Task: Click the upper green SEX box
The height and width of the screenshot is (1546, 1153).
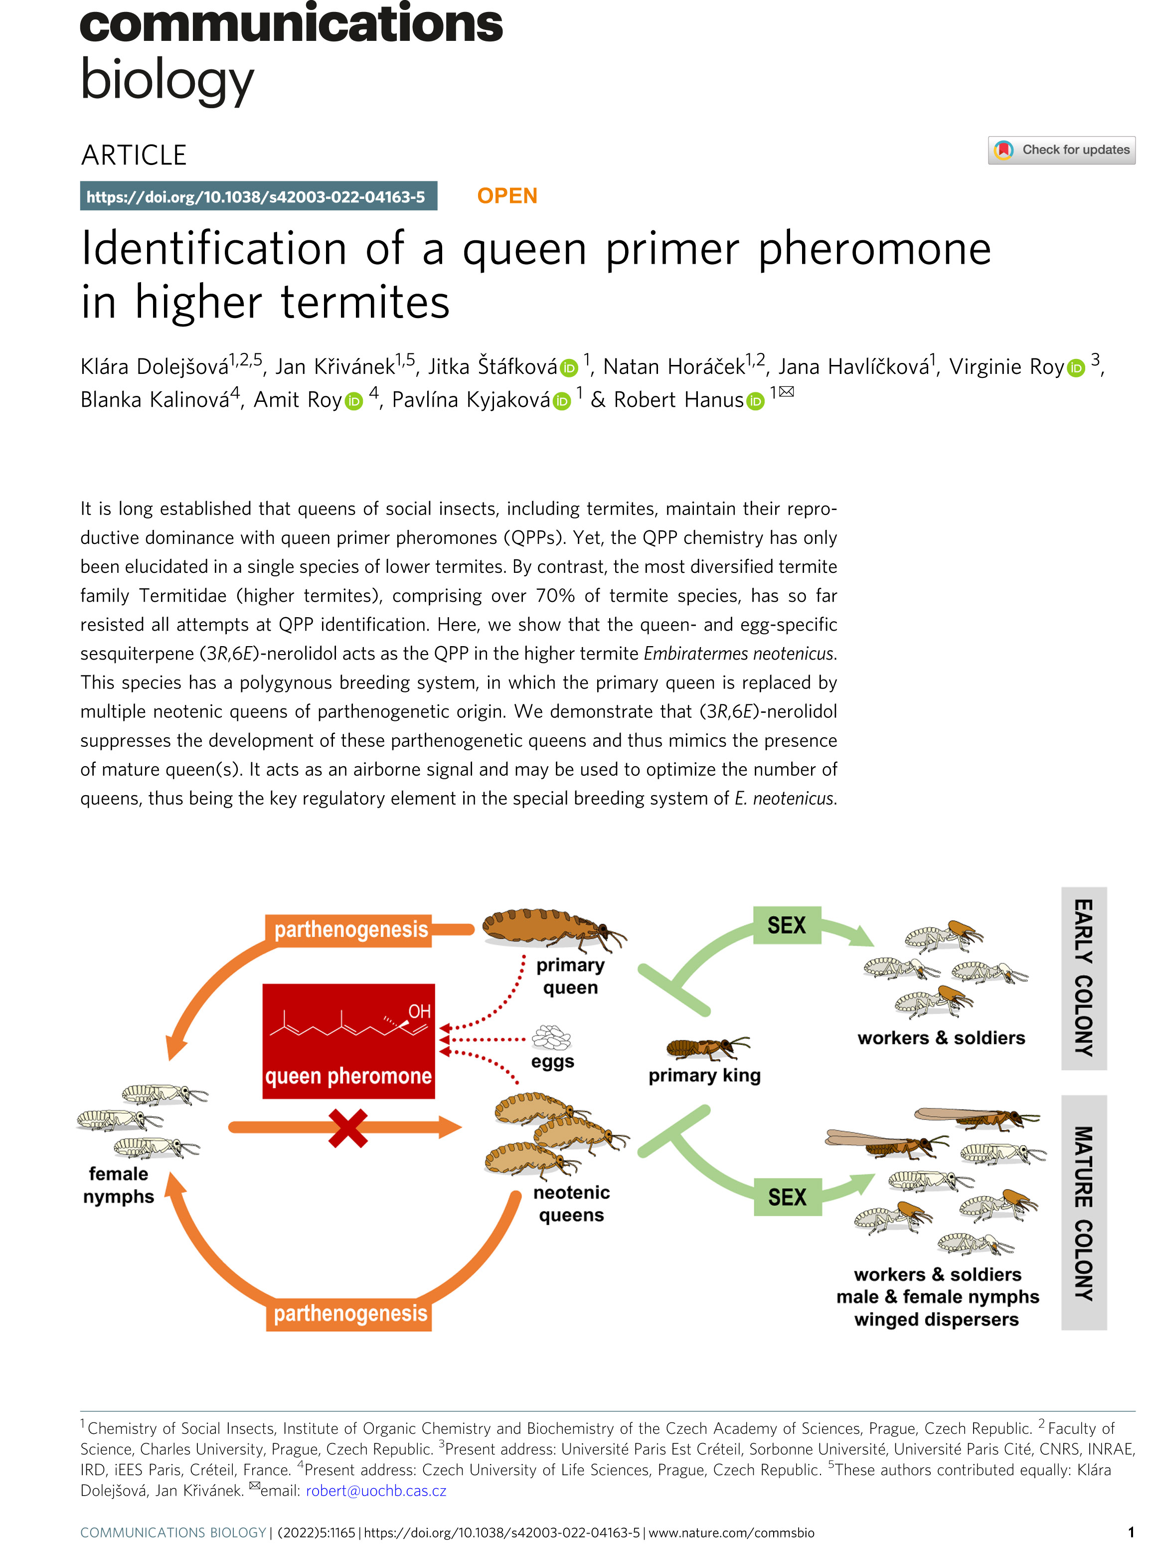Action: (787, 925)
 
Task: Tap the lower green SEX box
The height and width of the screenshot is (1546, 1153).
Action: (787, 1197)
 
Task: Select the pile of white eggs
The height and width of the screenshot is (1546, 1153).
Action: (551, 1038)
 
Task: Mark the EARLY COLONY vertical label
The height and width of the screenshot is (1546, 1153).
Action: (1083, 978)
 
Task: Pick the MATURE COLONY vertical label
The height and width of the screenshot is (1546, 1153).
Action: (1083, 1213)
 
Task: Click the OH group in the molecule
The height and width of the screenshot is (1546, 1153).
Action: (419, 1012)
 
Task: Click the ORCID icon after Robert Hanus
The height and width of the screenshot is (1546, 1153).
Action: (756, 401)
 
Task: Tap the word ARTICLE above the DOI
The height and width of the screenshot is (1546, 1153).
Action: (134, 155)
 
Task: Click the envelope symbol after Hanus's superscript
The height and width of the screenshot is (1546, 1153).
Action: (787, 391)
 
